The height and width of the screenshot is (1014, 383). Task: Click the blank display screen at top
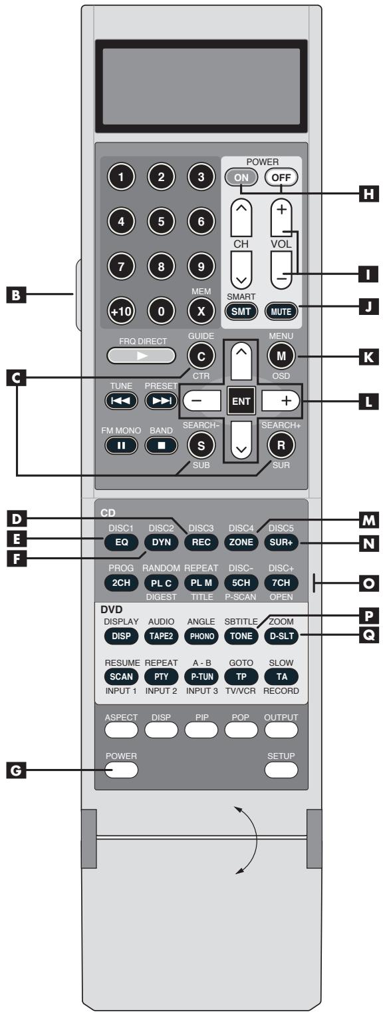[201, 85]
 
